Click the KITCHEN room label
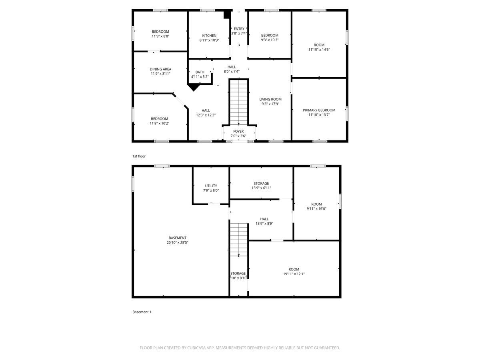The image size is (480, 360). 209,36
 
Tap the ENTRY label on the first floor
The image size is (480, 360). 239,29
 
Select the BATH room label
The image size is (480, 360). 200,72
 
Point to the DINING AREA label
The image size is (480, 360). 160,69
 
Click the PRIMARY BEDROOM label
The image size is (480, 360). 319,110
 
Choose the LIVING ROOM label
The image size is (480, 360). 270,99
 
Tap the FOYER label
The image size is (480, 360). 238,131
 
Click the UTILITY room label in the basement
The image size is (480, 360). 211,186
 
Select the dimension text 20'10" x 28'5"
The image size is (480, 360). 177,242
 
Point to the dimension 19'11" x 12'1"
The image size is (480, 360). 294,274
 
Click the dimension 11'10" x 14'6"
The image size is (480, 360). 319,50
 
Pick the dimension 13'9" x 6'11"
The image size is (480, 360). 261,188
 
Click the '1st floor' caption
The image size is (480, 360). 139,156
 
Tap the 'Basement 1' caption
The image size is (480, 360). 142,312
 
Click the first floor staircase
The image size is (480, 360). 239,102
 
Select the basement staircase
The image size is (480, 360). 239,239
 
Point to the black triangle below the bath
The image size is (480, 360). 194,87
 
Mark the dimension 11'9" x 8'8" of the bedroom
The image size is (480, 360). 160,36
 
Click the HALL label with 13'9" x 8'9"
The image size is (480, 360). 264,219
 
